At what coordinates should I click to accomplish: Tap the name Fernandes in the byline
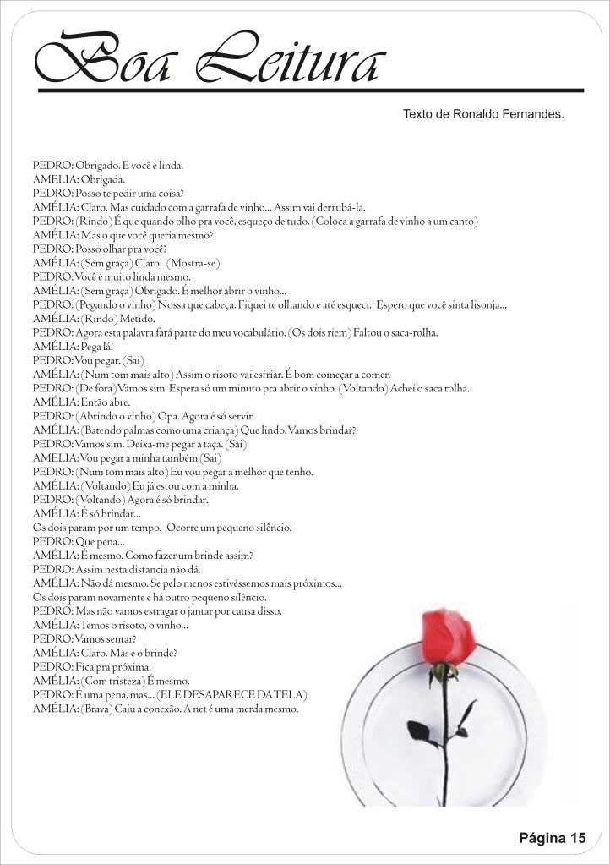(528, 112)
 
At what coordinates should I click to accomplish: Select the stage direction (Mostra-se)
(193, 264)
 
